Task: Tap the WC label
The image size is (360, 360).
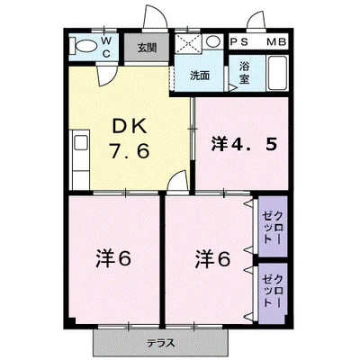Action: click(106, 47)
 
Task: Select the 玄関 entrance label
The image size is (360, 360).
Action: click(148, 48)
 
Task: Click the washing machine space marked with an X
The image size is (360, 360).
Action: click(188, 44)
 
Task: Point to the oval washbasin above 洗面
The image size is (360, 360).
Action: click(213, 41)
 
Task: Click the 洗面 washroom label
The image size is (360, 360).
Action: click(200, 76)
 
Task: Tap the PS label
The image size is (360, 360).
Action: click(239, 42)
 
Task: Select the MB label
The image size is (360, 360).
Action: click(276, 42)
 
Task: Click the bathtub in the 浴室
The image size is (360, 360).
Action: click(277, 73)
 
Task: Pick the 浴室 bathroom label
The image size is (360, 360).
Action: click(244, 73)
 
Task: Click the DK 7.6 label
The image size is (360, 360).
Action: click(130, 139)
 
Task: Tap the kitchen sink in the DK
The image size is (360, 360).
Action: click(80, 142)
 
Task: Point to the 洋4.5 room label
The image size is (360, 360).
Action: click(243, 144)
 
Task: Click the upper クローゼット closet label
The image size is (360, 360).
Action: click(272, 227)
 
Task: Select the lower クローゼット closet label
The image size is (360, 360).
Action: click(272, 290)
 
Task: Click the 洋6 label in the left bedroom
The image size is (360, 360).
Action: click(113, 258)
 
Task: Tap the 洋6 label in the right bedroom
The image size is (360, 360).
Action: click(213, 258)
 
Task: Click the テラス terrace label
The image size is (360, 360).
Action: click(161, 343)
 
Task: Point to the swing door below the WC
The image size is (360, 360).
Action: click(105, 76)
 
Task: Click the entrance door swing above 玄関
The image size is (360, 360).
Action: click(155, 17)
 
